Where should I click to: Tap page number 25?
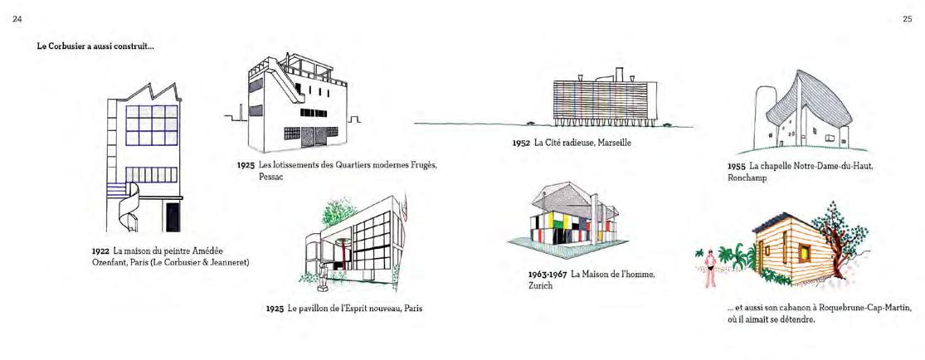point(907,18)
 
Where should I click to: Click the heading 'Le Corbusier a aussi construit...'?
point(95,46)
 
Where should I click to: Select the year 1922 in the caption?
point(101,251)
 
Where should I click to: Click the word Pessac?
point(250,176)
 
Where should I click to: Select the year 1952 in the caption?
point(521,142)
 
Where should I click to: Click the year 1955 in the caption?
point(736,166)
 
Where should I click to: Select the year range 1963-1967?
point(547,275)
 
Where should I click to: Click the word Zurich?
point(539,286)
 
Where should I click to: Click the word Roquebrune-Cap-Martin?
point(854,307)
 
